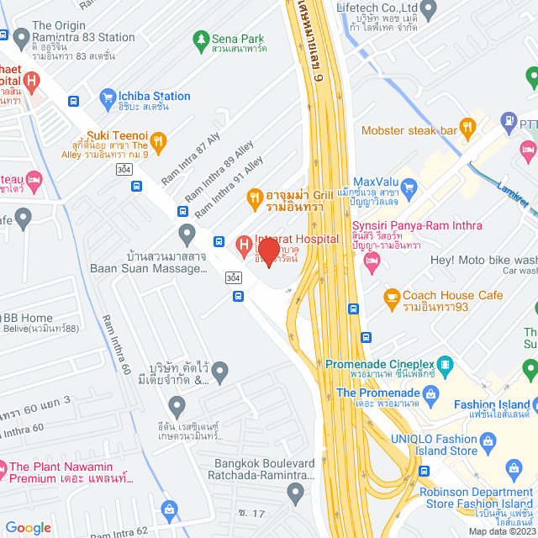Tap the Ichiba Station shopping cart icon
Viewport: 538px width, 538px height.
tap(107, 98)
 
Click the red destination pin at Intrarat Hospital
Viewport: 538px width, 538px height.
tap(268, 251)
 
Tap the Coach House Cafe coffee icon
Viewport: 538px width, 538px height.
tap(391, 297)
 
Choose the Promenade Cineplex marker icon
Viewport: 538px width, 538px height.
tap(444, 365)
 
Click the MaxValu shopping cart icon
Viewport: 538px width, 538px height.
tap(409, 186)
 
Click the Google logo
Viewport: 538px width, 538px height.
tap(28, 527)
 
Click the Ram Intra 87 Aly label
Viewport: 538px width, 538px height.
tap(191, 153)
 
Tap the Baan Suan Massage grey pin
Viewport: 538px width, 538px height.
tap(187, 232)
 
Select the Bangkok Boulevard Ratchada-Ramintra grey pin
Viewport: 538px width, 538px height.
tap(294, 491)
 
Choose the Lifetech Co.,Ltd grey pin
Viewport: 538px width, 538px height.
tap(429, 10)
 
